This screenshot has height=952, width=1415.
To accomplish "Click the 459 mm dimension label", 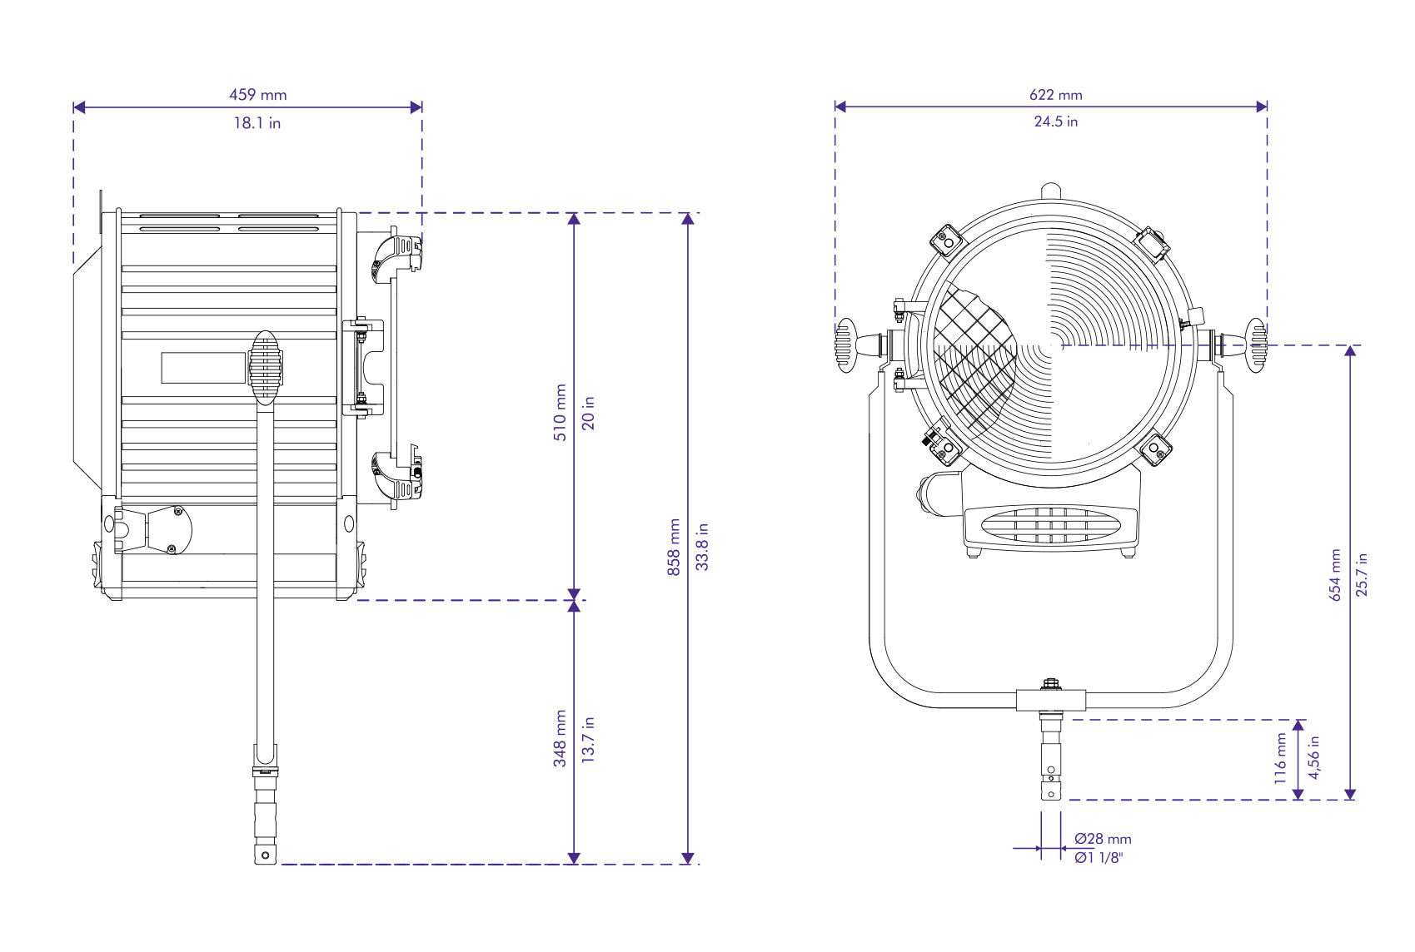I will coord(257,95).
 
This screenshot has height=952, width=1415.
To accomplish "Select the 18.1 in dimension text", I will coord(257,123).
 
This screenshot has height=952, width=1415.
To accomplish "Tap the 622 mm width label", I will coord(1055,95).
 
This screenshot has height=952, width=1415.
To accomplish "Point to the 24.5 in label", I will coord(1055,121).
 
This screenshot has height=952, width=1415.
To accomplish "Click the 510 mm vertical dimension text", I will coord(561,412).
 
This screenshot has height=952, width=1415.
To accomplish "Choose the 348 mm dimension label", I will coord(561,738).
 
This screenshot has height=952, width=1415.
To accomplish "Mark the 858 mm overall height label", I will coord(674,547).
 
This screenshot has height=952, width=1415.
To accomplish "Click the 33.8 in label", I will coord(702,547).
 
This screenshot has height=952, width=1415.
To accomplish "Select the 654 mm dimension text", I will coord(1335,574).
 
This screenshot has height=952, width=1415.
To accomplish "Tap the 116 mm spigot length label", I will coord(1281,757).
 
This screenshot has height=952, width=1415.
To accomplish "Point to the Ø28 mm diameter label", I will coord(1102,839).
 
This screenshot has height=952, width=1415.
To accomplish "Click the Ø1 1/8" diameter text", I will coord(1098,858).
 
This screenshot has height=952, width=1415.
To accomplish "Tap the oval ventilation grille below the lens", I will coord(1051,525).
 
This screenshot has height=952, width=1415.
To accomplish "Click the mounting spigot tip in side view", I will coord(266,854).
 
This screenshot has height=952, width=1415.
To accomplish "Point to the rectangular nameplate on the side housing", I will coord(203,368).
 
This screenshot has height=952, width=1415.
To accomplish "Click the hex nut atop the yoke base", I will coord(1051,684).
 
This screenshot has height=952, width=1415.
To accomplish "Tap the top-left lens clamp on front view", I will coord(947,240).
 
